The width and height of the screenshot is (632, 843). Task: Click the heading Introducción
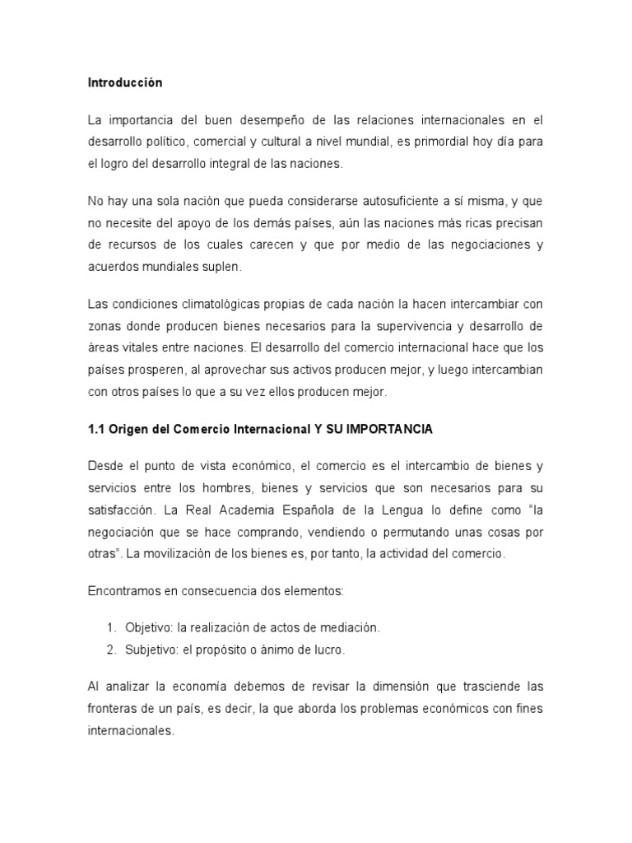click(125, 83)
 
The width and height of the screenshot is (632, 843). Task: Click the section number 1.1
click(98, 429)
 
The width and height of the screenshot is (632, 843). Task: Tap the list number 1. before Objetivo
click(113, 628)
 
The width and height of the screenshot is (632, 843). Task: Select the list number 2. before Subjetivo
click(113, 650)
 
